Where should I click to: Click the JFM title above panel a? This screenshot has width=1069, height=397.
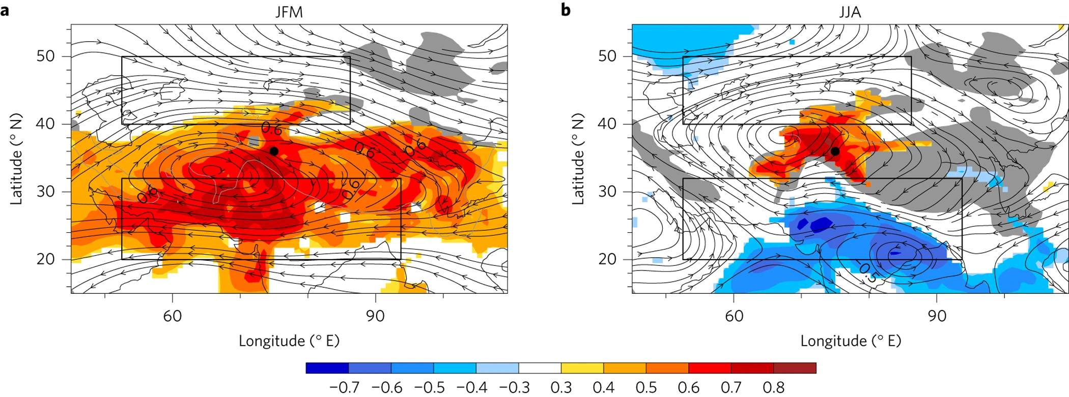click(289, 12)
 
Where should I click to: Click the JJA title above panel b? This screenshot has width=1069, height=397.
click(850, 12)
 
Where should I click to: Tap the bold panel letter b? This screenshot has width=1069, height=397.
click(566, 10)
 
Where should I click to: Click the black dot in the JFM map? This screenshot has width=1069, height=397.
click(274, 151)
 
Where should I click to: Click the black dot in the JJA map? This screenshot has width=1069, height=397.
click(835, 151)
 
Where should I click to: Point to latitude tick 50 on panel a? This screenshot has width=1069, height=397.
click(45, 56)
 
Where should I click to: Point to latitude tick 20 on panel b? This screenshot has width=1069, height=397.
click(607, 259)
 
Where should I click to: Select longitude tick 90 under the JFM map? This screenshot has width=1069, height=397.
click(375, 316)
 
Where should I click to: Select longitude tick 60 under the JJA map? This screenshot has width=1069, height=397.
click(734, 316)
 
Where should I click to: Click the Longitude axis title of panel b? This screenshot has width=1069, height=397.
click(850, 341)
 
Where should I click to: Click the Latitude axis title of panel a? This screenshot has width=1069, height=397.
click(17, 159)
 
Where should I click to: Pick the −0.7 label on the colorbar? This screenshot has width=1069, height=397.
click(344, 388)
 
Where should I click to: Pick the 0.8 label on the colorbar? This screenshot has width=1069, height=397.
click(773, 388)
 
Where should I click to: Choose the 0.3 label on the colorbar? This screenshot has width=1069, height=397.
click(561, 388)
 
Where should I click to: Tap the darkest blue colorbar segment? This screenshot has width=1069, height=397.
click(327, 368)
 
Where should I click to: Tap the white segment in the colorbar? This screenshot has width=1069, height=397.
click(540, 368)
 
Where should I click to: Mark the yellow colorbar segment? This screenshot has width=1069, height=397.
click(582, 368)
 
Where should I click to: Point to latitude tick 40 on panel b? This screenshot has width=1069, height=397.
click(607, 124)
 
